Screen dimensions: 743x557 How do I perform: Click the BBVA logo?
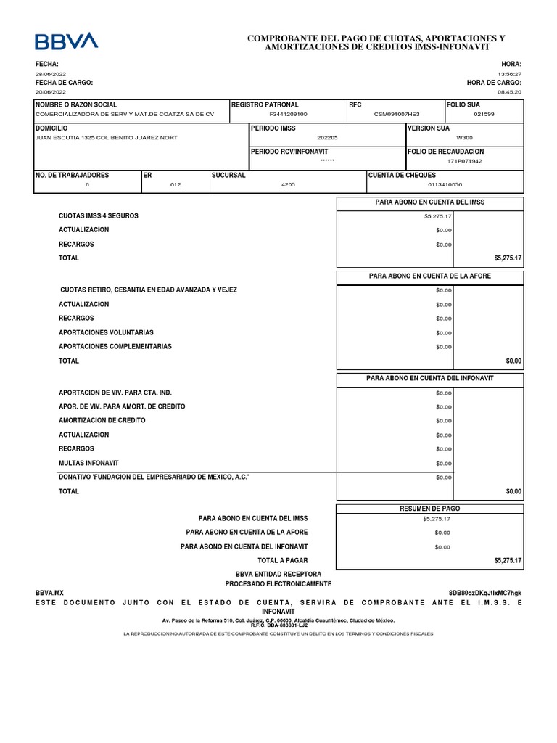pos(67,41)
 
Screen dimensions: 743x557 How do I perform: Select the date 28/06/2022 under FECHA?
pos(51,74)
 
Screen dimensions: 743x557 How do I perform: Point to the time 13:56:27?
pos(509,74)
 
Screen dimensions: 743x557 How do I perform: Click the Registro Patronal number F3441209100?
pos(288,115)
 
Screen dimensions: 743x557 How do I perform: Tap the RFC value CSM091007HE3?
pos(396,115)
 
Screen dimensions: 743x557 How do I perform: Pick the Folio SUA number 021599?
pos(484,115)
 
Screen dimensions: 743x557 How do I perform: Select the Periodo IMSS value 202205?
pos(327,137)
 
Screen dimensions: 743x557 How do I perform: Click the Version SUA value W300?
pos(463,137)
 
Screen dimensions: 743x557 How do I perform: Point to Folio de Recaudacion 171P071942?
pos(464,161)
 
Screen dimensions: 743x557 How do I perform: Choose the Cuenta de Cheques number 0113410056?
pos(445,184)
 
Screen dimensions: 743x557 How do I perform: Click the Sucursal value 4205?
pos(288,184)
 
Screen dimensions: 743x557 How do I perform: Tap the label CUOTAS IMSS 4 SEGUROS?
pos(99,216)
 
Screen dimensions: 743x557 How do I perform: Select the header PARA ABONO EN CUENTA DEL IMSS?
pos(430,202)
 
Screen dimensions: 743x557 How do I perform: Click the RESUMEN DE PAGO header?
pos(430,509)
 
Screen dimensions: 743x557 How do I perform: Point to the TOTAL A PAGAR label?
pos(283,561)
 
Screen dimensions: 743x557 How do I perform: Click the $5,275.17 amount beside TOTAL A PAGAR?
pos(508,561)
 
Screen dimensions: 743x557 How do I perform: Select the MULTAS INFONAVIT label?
pos(88,463)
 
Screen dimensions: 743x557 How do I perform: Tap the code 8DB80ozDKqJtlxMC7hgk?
pos(485,593)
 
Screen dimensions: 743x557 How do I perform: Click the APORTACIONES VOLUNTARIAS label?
pos(106,332)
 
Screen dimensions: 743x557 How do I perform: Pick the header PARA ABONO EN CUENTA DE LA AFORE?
pos(430,276)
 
